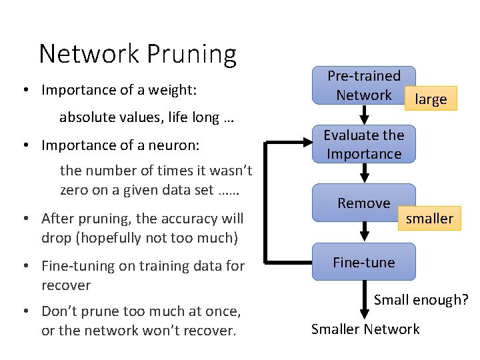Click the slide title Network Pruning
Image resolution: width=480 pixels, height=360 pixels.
(137, 53)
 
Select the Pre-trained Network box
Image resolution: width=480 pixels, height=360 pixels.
(364, 85)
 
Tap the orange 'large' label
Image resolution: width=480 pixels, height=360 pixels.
(431, 99)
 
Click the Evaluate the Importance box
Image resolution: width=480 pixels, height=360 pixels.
(364, 144)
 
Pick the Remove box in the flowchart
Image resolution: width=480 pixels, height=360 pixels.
(364, 203)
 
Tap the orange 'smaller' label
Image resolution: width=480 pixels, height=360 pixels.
(430, 218)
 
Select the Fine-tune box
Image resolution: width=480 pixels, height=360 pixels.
(364, 262)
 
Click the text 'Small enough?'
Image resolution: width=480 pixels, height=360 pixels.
(421, 300)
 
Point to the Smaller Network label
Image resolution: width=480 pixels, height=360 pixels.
(365, 329)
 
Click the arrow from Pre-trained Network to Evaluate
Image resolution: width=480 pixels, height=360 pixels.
(364, 115)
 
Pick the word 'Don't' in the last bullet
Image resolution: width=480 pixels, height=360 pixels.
(59, 311)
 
